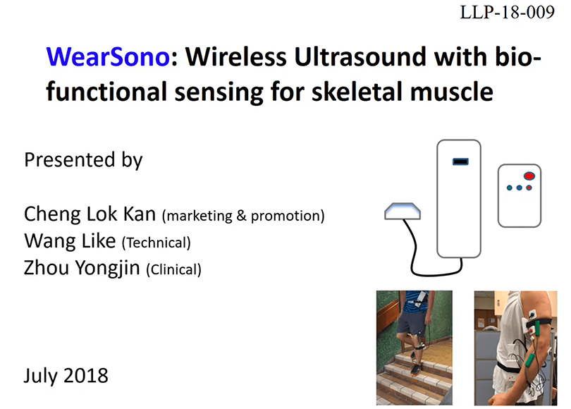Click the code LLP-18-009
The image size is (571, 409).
tap(508, 13)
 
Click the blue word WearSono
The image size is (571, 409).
tap(108, 57)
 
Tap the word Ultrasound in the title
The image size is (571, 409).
tap(360, 57)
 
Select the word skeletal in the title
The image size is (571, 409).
tap(357, 91)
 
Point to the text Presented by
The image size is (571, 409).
tap(83, 160)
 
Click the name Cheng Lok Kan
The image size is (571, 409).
tap(90, 214)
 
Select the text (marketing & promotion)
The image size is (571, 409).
tap(243, 216)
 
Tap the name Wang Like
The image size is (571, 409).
tap(70, 240)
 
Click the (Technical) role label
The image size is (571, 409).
tap(156, 243)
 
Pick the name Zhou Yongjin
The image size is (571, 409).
tap(82, 268)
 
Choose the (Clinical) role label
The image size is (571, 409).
tap(173, 269)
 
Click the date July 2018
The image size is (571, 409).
tap(66, 375)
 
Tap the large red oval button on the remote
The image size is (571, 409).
tap(529, 176)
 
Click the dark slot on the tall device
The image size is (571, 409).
tap(460, 161)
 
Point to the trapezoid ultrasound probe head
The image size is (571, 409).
tap(403, 212)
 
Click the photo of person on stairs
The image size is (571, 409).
tap(415, 348)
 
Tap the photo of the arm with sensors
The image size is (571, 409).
tap(515, 348)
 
